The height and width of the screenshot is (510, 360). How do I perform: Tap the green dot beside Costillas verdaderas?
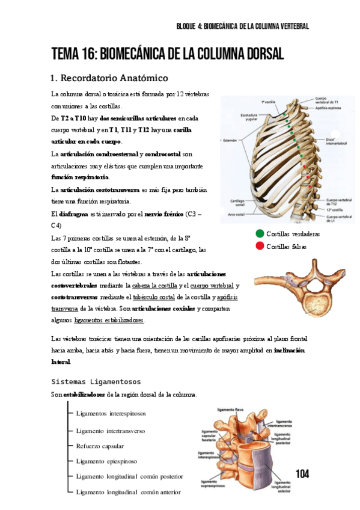point(259,234)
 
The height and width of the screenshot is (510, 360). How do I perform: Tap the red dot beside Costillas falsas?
point(259,245)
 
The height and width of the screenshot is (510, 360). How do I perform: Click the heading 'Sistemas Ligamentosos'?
point(96,381)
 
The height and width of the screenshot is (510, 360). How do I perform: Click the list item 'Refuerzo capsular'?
point(100,446)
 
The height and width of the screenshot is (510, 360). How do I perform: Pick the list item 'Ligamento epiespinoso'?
point(106,461)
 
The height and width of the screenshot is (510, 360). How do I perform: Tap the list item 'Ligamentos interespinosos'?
point(111,414)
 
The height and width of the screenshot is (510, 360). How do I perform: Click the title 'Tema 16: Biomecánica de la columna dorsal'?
point(168,54)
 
